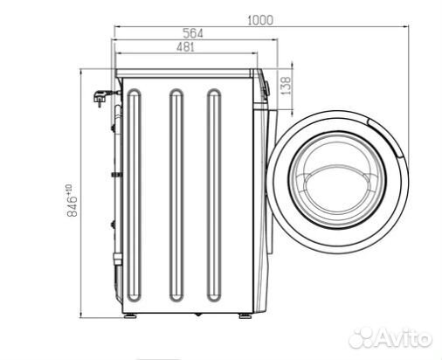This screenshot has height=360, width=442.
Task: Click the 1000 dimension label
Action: [x=260, y=20]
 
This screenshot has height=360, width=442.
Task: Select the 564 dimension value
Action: [x=193, y=33]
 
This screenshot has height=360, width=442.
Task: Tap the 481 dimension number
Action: [x=185, y=46]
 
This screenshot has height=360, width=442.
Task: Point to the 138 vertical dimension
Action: [x=287, y=86]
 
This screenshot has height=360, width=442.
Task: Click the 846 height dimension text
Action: [x=72, y=201]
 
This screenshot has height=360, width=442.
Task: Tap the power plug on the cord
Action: [x=100, y=98]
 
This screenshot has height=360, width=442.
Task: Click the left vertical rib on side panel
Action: [x=135, y=195]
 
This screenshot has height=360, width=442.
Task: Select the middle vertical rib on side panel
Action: [x=176, y=195]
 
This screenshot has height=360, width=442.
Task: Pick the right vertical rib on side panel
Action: [x=214, y=195]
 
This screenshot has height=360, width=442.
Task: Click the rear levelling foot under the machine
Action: [x=130, y=315]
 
